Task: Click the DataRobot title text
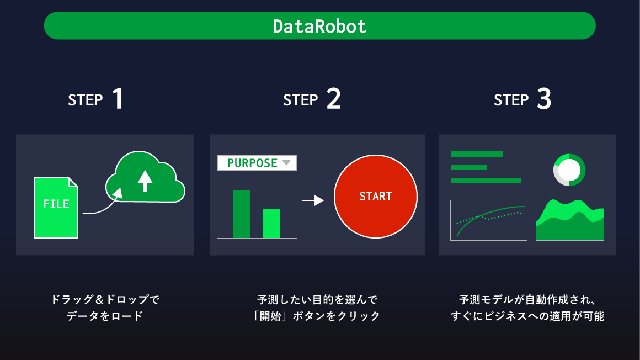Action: pyautogui.click(x=319, y=26)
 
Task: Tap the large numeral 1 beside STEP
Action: pyautogui.click(x=118, y=99)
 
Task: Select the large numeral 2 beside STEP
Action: pyautogui.click(x=333, y=99)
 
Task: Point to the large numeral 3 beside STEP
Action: pyautogui.click(x=544, y=99)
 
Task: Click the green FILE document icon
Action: pyautogui.click(x=56, y=208)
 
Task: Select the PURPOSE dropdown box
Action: pyautogui.click(x=257, y=163)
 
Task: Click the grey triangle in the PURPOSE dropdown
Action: pyautogui.click(x=286, y=163)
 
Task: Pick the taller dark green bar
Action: pyautogui.click(x=242, y=214)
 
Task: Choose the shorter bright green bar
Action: pyautogui.click(x=271, y=223)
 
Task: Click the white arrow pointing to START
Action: pyautogui.click(x=313, y=200)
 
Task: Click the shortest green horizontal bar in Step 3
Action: pyautogui.click(x=468, y=167)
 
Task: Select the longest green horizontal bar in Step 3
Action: pyautogui.click(x=486, y=180)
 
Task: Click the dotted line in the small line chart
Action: pyautogui.click(x=490, y=217)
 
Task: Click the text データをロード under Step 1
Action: pyautogui.click(x=105, y=316)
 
